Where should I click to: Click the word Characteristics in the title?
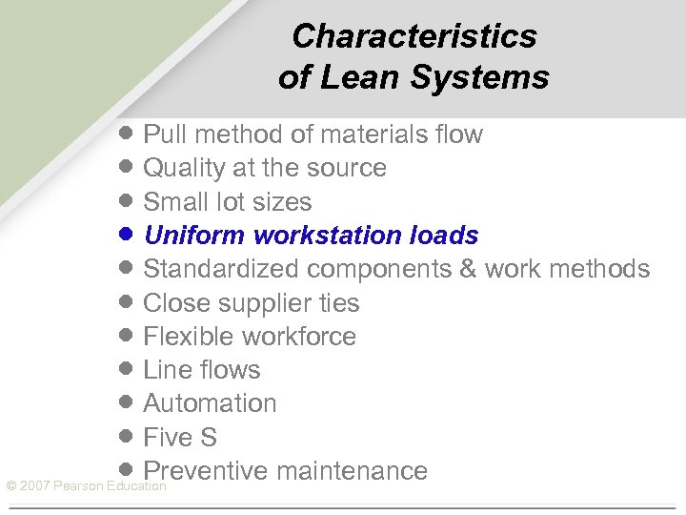pos(414,36)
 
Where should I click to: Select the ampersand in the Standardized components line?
pos(468,269)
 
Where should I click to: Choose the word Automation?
pos(210,403)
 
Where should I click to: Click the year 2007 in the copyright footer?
pos(34,486)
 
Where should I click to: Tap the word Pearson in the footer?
pos(77,486)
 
